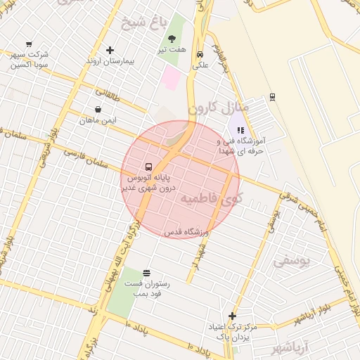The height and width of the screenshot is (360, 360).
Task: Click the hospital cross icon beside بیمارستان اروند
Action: point(109,50)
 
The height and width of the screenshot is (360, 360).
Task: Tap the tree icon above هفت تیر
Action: point(172,39)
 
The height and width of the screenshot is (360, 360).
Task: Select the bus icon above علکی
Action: point(200,54)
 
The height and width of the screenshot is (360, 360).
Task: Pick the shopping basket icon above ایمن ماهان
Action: point(97,110)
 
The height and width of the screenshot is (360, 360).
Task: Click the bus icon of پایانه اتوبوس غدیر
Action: point(148,167)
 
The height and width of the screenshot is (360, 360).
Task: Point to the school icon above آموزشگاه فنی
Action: point(241,130)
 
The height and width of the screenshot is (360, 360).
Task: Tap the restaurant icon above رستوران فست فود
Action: point(146,273)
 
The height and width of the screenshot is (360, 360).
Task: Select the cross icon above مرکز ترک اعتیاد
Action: point(232,316)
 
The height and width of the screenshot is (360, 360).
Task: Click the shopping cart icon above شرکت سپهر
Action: point(28,44)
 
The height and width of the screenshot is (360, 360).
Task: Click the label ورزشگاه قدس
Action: point(184,232)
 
